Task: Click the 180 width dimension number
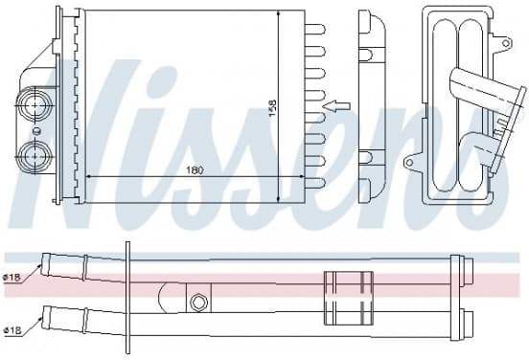[x=195, y=170]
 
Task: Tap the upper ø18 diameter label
[x=11, y=278]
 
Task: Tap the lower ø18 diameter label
[x=11, y=330]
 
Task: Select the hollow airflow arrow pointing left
[x=336, y=106]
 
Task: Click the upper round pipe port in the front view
[x=35, y=105]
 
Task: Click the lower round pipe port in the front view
[x=35, y=157]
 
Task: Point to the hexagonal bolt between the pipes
[x=197, y=302]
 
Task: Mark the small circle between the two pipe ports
[x=36, y=131]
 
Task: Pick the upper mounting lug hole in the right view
[x=506, y=43]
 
